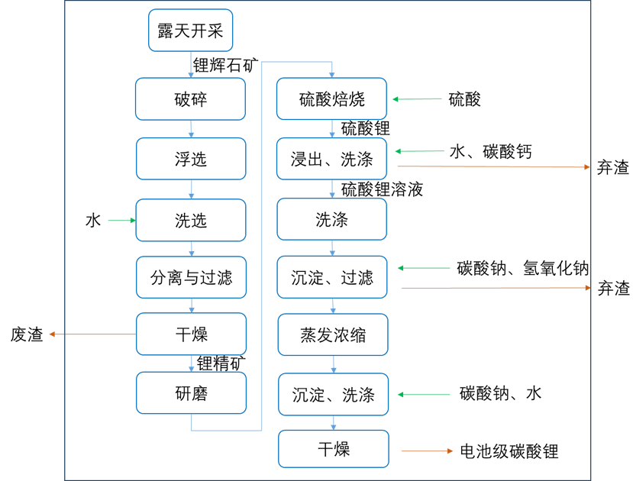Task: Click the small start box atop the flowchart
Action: click(x=190, y=31)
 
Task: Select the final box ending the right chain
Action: click(x=333, y=449)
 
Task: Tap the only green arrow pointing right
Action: click(x=121, y=221)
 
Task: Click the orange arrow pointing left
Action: click(x=92, y=334)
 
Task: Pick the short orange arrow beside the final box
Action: click(x=427, y=451)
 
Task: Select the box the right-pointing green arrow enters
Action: click(x=191, y=221)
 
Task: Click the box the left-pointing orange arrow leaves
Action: click(x=191, y=334)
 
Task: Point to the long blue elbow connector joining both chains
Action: click(x=262, y=244)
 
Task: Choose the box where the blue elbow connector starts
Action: click(x=191, y=392)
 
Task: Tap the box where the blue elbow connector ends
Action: click(x=331, y=98)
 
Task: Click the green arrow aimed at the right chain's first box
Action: click(x=417, y=98)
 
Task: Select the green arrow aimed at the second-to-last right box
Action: click(x=424, y=395)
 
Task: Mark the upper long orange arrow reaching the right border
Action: click(x=493, y=166)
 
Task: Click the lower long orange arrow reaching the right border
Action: click(x=496, y=288)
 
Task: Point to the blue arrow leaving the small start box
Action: click(x=190, y=65)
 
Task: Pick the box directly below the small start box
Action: click(x=190, y=98)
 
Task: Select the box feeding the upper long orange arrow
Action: click(x=331, y=159)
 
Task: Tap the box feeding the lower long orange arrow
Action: click(x=332, y=277)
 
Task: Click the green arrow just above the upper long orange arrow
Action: click(x=420, y=151)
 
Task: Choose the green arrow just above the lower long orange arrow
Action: click(x=424, y=268)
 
